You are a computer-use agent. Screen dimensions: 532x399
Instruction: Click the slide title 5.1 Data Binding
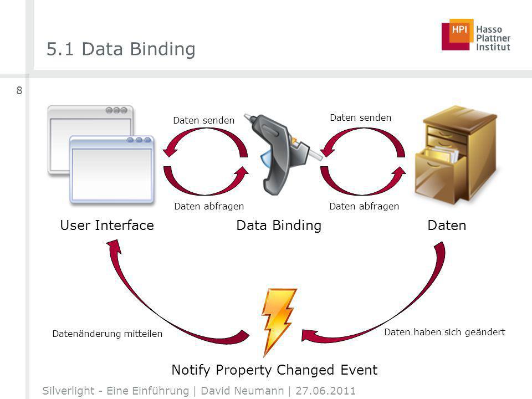pos(121,49)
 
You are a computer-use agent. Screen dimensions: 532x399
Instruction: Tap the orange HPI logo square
pos(461,30)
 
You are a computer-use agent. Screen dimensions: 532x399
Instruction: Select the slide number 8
pos(19,90)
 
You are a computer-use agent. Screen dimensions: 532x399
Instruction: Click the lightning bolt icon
pos(278,321)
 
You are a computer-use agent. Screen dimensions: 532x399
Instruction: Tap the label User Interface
pos(107,226)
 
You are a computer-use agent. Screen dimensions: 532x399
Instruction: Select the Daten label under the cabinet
pos(447,226)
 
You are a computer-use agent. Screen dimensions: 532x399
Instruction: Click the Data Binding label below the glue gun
pos(279,226)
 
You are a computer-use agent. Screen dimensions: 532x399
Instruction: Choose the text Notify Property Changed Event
pos(274,370)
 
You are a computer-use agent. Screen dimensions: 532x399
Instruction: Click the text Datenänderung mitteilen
pos(107,334)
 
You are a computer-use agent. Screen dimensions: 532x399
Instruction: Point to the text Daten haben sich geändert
pos(445,332)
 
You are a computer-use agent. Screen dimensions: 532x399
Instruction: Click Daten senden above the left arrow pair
pos(203,120)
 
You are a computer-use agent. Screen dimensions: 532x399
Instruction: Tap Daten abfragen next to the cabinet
pos(364,206)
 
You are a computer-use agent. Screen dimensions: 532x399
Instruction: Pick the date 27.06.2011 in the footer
pos(325,391)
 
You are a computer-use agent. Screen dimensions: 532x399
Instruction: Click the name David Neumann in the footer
pos(242,391)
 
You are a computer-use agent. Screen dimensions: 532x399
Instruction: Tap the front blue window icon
pos(112,170)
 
